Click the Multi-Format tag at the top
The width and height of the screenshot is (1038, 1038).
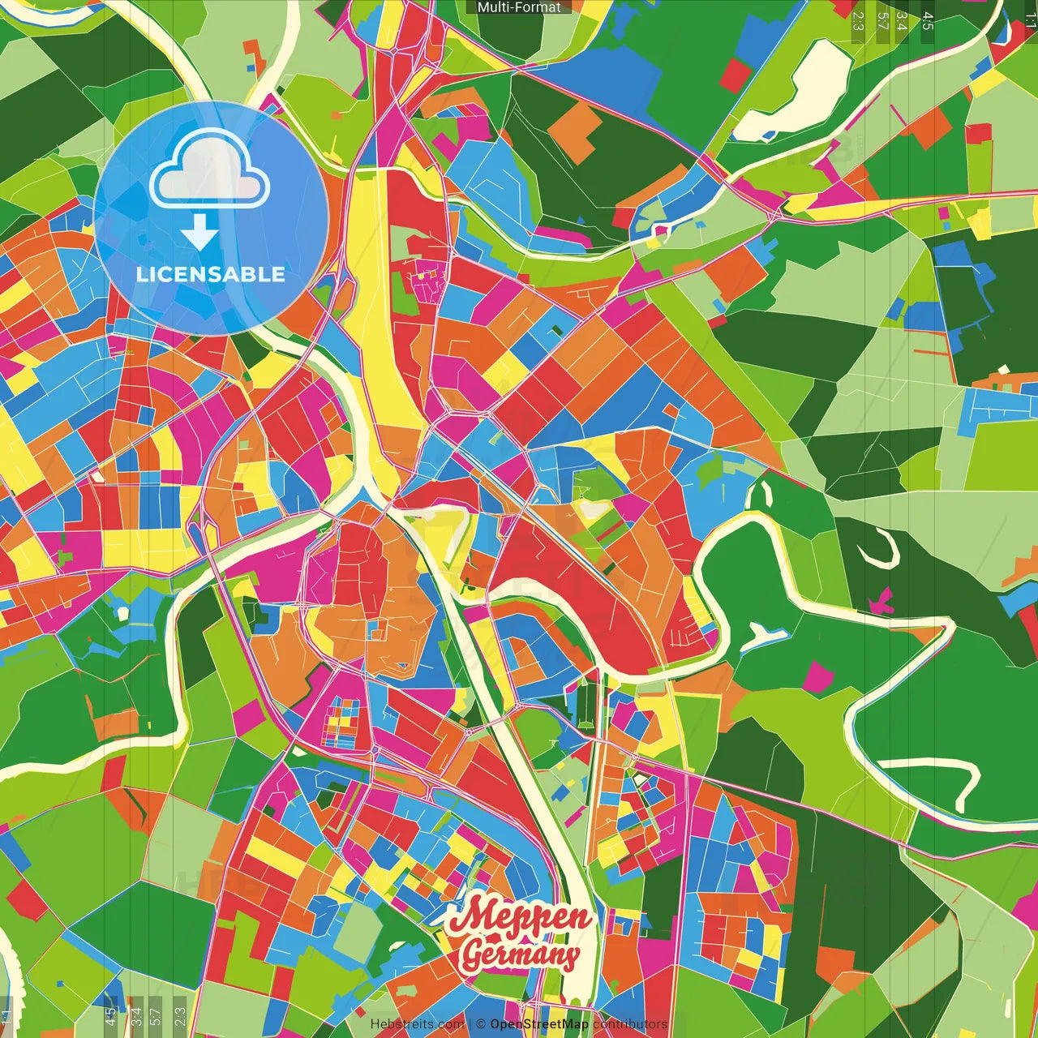point(519,7)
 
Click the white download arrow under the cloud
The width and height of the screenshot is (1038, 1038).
point(199,233)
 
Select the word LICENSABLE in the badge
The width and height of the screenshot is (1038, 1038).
point(211,274)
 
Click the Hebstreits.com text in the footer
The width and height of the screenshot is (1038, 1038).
point(417,1024)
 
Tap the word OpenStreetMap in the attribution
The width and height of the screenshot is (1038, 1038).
point(538,1024)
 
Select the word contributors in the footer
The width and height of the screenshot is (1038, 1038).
point(630,1024)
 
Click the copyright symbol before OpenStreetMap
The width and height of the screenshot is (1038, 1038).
point(481,1024)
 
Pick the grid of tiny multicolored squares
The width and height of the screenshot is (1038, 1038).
point(341,722)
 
